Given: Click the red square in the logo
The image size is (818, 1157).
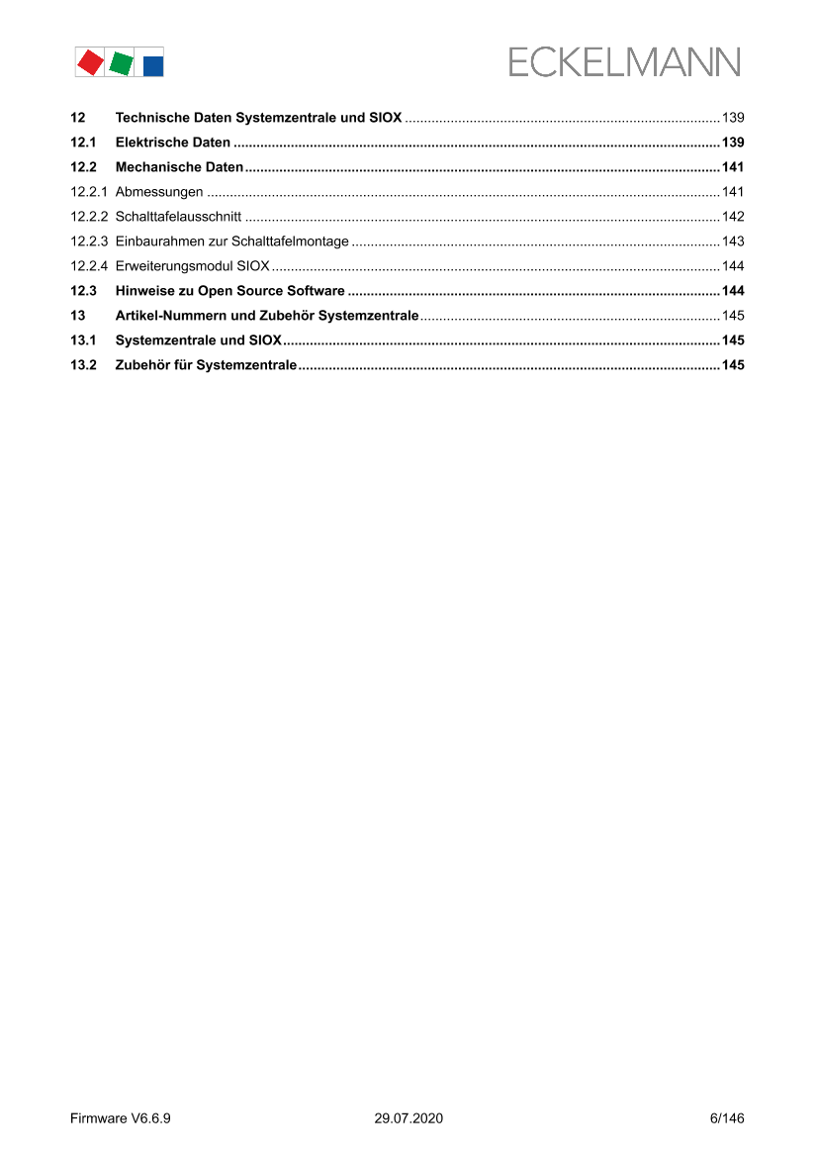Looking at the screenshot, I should coord(90,62).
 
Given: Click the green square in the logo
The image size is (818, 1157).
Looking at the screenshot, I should coord(122,62).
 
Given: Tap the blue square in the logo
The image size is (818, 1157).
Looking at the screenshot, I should coord(153,65).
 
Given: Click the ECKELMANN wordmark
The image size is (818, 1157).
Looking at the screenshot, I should coord(624,63).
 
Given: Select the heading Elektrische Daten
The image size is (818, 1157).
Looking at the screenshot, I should coord(173,143).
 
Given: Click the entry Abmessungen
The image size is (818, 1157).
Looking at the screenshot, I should coord(159,192).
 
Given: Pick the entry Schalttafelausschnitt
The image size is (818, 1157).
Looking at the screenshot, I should coord(178,217).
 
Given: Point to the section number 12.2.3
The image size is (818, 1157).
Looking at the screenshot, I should coord(88,241).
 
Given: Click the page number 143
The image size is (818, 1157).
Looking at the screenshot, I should coord(733,241).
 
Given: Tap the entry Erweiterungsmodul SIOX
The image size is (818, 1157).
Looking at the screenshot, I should coord(192,266).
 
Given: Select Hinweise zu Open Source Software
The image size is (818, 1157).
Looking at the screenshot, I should coord(229,291).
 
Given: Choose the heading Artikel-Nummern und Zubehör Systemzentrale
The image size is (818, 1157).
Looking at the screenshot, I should coord(267,316).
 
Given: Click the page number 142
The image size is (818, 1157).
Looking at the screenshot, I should coord(733,217).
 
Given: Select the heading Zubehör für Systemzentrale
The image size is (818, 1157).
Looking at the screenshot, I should coord(206,365).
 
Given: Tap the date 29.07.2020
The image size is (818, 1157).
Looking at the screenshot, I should coord(409,1118).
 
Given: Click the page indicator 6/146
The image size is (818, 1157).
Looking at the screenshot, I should coord(727,1118).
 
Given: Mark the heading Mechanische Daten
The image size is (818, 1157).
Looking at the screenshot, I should coord(179,167).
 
